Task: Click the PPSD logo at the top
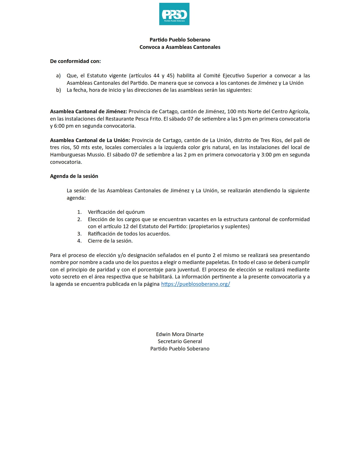[174, 14]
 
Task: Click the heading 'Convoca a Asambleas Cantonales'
[180, 47]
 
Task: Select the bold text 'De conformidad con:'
[75, 61]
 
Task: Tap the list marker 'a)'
[58, 76]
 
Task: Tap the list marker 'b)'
[58, 90]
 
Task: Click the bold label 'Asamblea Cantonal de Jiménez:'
[89, 112]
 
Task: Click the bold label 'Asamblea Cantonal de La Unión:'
[90, 140]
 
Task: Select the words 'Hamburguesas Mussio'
[77, 155]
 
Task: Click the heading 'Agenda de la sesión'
[74, 176]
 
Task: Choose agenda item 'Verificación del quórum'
[116, 212]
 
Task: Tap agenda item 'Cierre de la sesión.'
[110, 241]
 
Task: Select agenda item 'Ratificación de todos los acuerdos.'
[129, 234]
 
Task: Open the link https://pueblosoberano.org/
[195, 284]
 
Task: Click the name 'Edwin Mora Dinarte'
[180, 334]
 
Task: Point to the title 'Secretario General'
[180, 341]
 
